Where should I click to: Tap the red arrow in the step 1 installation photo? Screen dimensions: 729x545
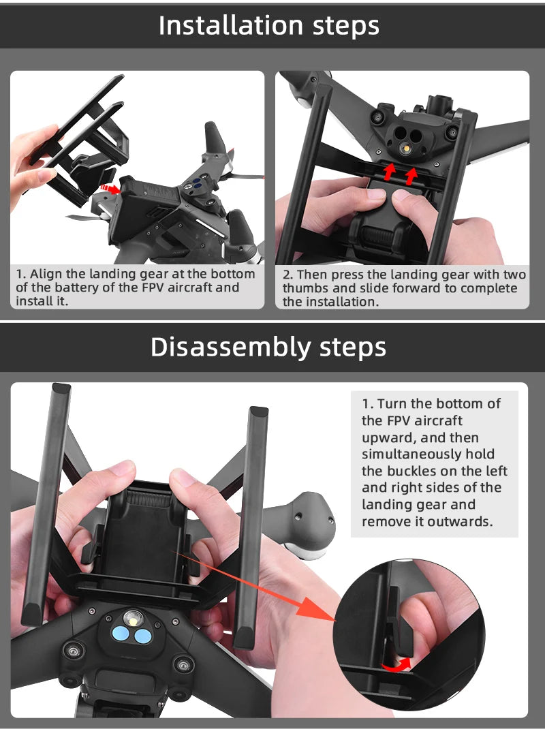(x=108, y=188)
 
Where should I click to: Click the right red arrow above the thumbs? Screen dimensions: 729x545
(x=411, y=176)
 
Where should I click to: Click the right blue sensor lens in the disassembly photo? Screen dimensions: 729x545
(x=142, y=636)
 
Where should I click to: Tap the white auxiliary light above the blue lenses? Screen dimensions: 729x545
(x=132, y=618)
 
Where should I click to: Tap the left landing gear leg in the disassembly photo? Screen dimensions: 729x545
(x=46, y=504)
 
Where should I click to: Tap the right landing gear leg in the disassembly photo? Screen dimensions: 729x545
(x=251, y=525)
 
